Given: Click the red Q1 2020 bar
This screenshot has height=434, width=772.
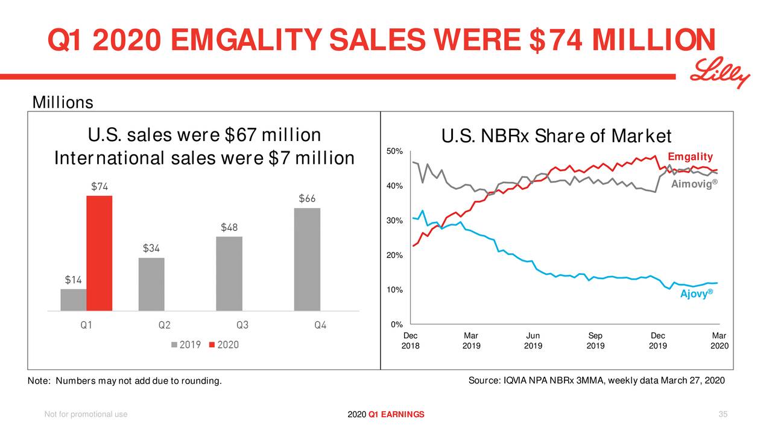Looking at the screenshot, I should coord(100,253).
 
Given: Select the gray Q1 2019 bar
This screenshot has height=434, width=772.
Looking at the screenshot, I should coord(74,300).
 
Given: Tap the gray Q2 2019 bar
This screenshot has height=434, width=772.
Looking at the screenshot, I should coord(151,284).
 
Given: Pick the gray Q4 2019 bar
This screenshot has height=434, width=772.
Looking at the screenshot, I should coord(307,259).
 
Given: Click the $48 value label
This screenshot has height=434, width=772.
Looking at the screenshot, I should coord(229,227).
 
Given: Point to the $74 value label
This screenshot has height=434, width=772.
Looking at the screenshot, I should coord(100,186).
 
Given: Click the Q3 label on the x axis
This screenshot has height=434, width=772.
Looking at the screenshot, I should coord(242,325).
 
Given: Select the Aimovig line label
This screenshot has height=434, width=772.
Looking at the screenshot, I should coord(692,184).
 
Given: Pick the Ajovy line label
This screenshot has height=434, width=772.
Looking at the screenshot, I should coord(696,294).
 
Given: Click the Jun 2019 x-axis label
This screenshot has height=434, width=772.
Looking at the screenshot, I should coord(533,341).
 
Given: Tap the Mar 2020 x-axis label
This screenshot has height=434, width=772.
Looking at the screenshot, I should coord(719,341).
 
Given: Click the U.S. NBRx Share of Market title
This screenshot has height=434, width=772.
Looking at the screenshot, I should coord(555,136).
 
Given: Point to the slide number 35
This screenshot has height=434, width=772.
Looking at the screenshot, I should coord(724,414).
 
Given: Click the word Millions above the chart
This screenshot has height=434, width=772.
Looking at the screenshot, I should coord(63,103).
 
